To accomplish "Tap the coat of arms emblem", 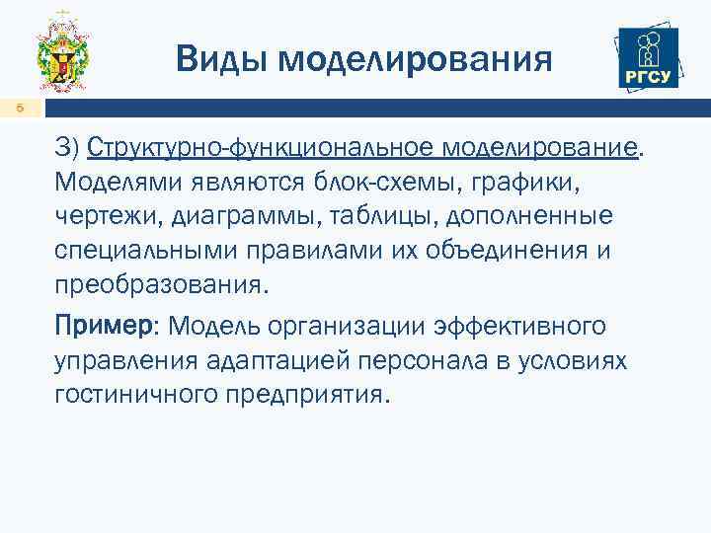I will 63,57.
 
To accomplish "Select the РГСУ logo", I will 647,58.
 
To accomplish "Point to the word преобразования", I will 159,284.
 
